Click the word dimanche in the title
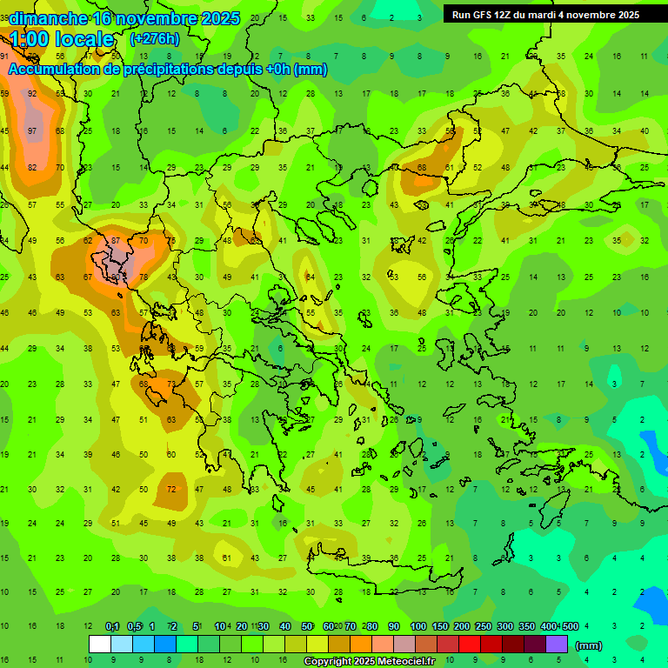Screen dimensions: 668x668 (x=48, y=18)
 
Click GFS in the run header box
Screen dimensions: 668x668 (x=481, y=15)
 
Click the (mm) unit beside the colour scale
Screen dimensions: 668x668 (x=589, y=645)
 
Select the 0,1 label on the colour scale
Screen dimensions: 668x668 (x=112, y=626)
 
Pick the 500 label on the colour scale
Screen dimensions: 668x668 (x=570, y=626)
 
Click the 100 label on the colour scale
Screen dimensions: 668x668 (x=417, y=626)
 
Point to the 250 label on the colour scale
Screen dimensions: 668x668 (x=483, y=626)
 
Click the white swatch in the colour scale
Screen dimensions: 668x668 (x=99, y=645)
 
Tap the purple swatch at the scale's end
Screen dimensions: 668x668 (x=557, y=645)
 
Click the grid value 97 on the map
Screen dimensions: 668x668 (x=32, y=130)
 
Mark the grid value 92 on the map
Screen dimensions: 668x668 (x=32, y=93)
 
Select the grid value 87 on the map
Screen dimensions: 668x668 (x=116, y=240)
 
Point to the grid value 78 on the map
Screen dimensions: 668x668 (x=144, y=277)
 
